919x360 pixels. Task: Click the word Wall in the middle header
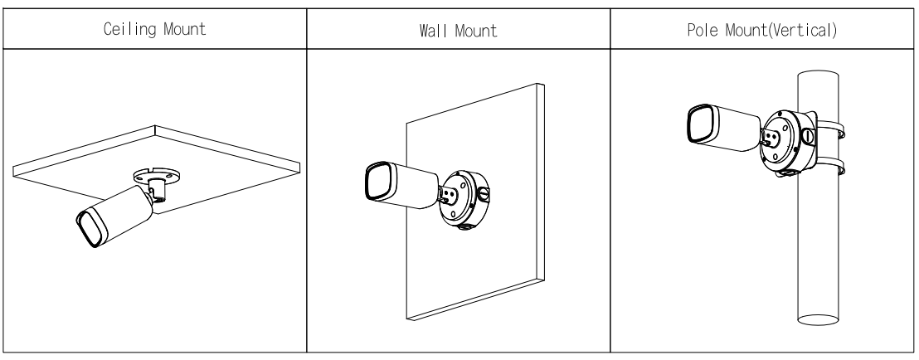click(x=430, y=31)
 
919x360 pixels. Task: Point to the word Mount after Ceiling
click(x=185, y=29)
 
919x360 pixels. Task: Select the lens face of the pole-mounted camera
click(x=700, y=123)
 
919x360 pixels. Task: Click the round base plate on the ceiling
click(x=156, y=174)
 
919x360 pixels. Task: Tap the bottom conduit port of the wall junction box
click(x=465, y=226)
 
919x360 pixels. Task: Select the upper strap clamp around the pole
click(x=831, y=130)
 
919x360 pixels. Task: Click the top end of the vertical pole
click(x=818, y=75)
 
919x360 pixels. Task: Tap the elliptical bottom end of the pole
click(x=818, y=319)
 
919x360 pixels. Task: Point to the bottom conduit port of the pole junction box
click(x=785, y=173)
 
